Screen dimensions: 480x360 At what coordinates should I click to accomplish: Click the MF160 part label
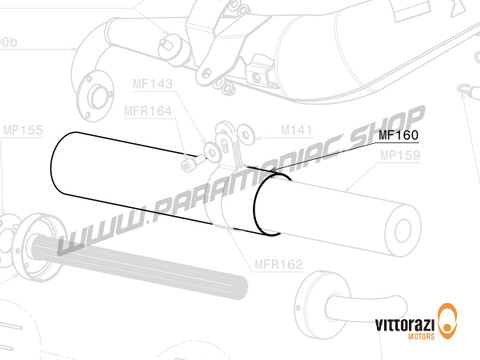(398, 135)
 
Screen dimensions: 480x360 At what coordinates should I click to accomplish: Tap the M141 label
(298, 130)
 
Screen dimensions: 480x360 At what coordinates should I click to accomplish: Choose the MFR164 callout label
(148, 110)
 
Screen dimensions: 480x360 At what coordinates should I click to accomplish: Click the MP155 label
(23, 130)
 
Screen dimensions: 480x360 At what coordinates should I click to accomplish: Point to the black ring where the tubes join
(266, 205)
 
